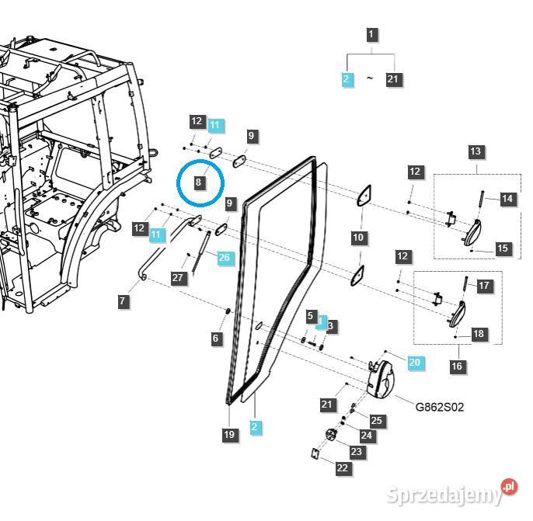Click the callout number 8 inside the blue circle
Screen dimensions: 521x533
199,183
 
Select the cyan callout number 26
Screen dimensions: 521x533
225,258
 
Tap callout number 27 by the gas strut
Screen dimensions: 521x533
178,277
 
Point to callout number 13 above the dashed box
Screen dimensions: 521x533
476,151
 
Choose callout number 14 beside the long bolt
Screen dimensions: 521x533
507,199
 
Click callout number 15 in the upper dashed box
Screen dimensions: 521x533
503,248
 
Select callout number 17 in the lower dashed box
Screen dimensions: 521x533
484,286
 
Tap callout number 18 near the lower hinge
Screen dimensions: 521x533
479,334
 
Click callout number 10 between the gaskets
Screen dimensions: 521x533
358,236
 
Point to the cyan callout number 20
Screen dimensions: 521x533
414,362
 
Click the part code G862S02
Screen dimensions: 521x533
440,407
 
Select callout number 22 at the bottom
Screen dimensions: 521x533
343,468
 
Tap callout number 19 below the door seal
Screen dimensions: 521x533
229,435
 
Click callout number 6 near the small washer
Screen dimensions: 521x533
217,338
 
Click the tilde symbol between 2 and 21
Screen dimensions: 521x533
370,79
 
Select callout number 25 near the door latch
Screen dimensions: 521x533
377,420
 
